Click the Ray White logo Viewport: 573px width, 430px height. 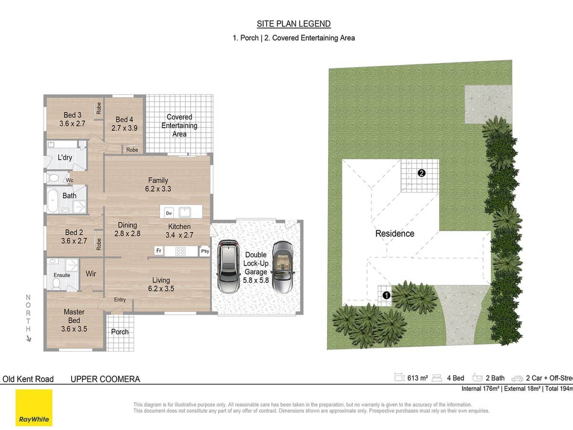point(34,408)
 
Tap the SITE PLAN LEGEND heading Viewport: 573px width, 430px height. point(294,24)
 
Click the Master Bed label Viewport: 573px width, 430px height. point(74,320)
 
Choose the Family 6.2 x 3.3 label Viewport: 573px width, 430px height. point(158,184)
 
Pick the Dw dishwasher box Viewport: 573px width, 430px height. point(169,213)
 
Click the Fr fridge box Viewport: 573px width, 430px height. point(159,251)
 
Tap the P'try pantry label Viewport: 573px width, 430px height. point(205,251)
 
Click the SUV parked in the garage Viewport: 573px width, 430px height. point(229,266)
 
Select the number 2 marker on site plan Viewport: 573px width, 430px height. point(421,173)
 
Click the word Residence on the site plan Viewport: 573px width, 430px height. point(394,234)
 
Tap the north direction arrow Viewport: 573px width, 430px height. point(29,338)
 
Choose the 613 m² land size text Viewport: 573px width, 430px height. point(417,378)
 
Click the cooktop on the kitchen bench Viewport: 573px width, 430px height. point(180,251)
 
